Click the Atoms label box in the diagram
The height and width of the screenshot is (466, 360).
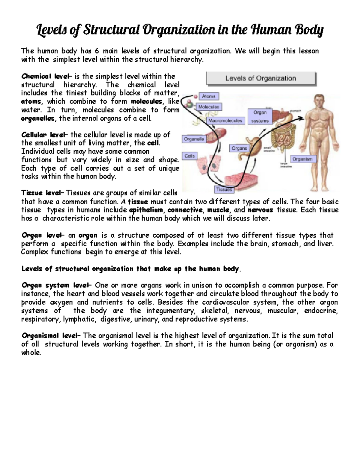[x=209, y=96]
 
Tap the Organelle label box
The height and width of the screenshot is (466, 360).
[x=194, y=139]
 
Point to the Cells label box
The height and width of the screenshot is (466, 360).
[x=190, y=156]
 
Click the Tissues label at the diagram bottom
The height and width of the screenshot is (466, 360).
[x=224, y=190]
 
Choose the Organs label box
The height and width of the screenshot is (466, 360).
[x=239, y=148]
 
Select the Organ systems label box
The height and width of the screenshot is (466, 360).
[x=260, y=116]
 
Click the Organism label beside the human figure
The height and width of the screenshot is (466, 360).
[x=303, y=159]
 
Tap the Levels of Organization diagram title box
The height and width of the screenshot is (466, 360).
[x=261, y=79]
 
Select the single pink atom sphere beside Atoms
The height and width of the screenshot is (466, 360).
[x=196, y=97]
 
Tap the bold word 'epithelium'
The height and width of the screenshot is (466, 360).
[x=146, y=210]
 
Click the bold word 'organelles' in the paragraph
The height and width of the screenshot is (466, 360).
[x=38, y=119]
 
